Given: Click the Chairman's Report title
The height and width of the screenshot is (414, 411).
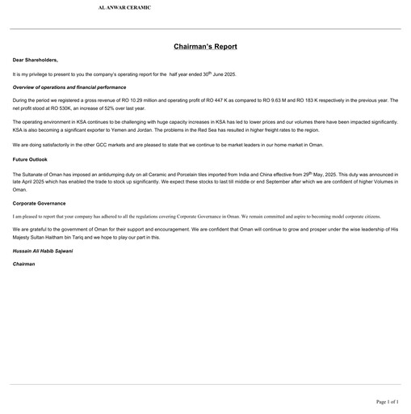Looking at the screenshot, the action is (205, 47).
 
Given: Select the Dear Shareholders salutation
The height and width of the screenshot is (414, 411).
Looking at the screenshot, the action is (36, 61).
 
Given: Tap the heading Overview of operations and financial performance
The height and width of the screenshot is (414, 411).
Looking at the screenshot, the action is (69, 86).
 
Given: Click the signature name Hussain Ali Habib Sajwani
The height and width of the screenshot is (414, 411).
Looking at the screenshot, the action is (44, 251).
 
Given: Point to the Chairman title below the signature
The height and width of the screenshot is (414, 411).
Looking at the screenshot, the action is (25, 264).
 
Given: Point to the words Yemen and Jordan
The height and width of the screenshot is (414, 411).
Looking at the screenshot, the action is (153, 129).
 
